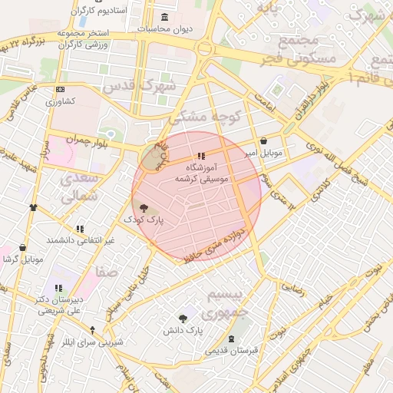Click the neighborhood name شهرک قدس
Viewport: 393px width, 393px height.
coord(149,85)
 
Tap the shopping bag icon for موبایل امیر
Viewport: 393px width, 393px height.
coord(265,141)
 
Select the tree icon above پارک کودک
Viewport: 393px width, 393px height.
coord(144,206)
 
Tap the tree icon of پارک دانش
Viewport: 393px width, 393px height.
coord(183,318)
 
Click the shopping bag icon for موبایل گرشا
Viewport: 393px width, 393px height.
coord(21,248)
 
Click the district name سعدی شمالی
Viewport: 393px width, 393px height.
coord(78,187)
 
